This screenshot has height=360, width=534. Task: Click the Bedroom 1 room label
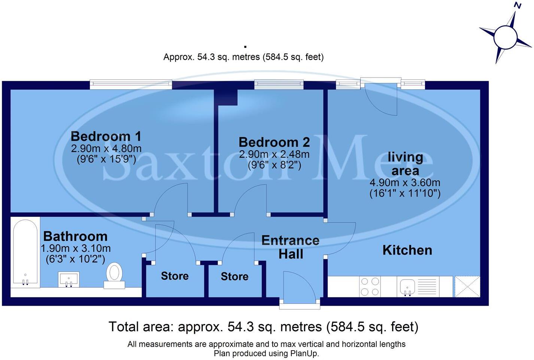[106, 136]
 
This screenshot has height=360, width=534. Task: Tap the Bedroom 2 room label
[274, 142]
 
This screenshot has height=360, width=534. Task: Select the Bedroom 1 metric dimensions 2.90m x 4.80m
[106, 148]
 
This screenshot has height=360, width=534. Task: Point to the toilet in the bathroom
[114, 275]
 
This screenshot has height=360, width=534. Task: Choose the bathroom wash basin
[69, 279]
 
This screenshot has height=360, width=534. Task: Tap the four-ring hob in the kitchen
[370, 286]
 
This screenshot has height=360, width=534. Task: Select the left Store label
[175, 276]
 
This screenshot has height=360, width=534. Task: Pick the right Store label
[234, 276]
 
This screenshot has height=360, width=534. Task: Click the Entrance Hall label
[291, 247]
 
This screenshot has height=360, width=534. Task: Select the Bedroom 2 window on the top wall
[279, 84]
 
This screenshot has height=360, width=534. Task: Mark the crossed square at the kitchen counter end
[467, 287]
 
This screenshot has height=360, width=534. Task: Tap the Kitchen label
[407, 250]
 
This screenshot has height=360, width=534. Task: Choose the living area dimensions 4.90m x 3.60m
[405, 183]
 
